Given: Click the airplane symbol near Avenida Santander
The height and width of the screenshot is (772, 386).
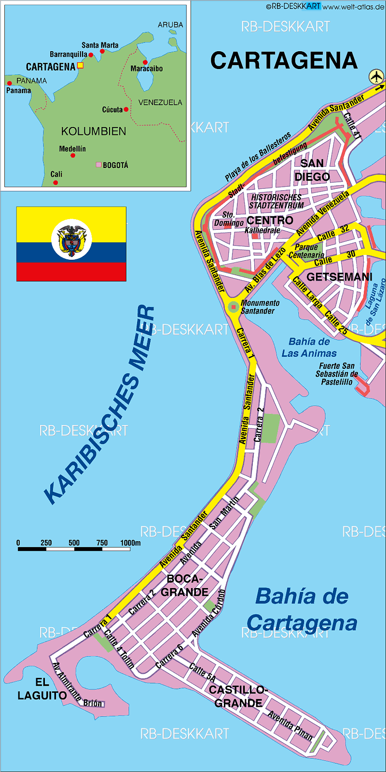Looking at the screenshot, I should point(376,76).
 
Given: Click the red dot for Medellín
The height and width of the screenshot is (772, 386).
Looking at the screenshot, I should point(72,155).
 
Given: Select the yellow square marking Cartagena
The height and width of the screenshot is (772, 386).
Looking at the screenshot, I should point(81,65).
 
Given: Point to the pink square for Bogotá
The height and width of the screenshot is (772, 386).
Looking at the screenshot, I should point(98,165).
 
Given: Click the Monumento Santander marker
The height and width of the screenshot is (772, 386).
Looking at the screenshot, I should point(234,307).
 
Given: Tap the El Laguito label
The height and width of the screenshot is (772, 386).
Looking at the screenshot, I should point(42,689).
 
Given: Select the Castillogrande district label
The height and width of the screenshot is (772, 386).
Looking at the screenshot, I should point(238,696).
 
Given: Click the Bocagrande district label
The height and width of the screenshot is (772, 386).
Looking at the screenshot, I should point(184,585).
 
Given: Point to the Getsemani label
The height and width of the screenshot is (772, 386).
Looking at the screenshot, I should point(339,277).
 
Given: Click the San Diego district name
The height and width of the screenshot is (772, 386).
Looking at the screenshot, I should point(312,170).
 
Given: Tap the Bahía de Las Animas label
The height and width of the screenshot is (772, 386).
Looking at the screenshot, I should point(309,348).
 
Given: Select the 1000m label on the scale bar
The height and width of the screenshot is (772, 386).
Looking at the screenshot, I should point(130,543).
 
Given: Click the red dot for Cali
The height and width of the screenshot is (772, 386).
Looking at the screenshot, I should point(55,182).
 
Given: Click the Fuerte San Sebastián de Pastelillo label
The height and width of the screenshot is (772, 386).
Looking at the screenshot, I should point(337,374).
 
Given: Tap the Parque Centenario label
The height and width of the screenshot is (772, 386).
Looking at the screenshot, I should point(306,251).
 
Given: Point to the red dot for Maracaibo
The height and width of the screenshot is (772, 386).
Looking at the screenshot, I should point(145,62).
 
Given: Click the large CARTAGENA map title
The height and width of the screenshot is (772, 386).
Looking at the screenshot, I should point(284,61).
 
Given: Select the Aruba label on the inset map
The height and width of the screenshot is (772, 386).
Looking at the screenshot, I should point(170,25).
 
